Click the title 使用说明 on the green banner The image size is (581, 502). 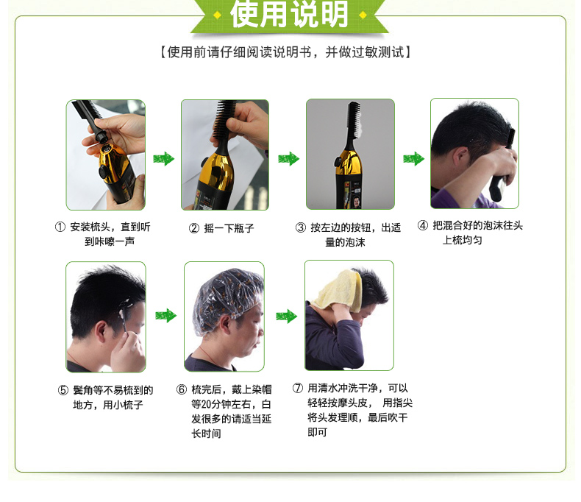pyautogui.click(x=289, y=14)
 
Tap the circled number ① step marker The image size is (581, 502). pyautogui.click(x=60, y=227)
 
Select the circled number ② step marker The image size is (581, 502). pyautogui.click(x=194, y=228)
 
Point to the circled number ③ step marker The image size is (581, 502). pyautogui.click(x=301, y=227)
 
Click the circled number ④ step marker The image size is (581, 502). pyautogui.click(x=423, y=225)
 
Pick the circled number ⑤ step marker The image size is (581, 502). pyautogui.click(x=63, y=390)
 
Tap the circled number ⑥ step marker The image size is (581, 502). pyautogui.click(x=182, y=389)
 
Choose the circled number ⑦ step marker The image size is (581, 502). pyautogui.click(x=298, y=388)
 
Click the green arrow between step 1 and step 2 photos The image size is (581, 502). pyautogui.click(x=163, y=159)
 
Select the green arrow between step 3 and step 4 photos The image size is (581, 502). pyautogui.click(x=413, y=159)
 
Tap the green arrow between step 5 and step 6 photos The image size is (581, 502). pyautogui.click(x=165, y=316)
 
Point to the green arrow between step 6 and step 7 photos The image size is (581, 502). pyautogui.click(x=286, y=317)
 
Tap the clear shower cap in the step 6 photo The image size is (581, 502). pyautogui.click(x=227, y=297)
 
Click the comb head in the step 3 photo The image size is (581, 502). pyautogui.click(x=354, y=119)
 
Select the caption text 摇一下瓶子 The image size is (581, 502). pyautogui.click(x=229, y=228)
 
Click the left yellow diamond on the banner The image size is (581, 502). pyautogui.click(x=218, y=15)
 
